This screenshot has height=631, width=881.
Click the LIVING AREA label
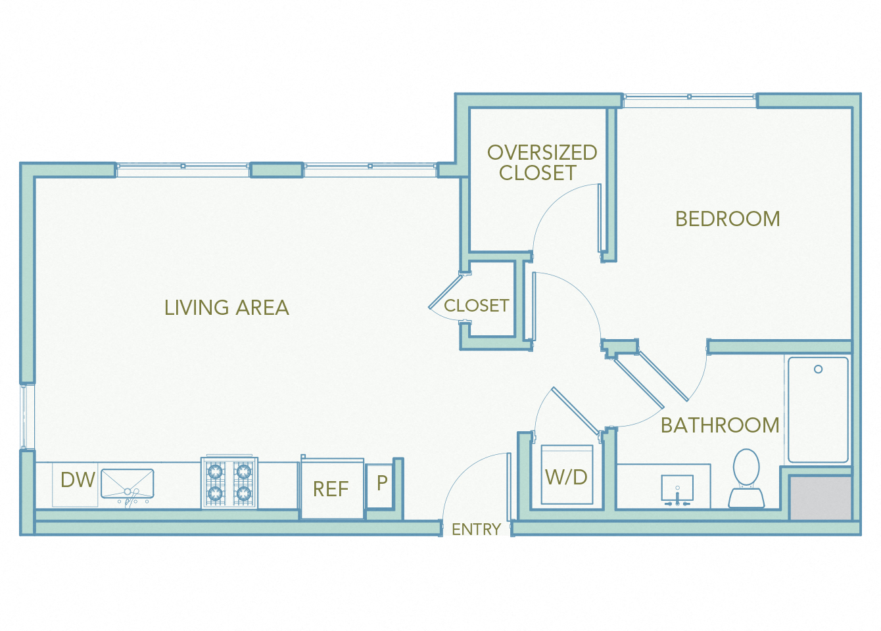226,308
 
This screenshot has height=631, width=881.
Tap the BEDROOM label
727,219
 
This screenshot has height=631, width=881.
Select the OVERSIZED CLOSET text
541,162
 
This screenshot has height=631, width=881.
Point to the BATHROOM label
719,425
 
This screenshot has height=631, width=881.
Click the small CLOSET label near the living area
476,306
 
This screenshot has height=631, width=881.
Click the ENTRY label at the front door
476,529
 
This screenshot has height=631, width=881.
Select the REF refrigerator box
332,489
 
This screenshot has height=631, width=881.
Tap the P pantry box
381,485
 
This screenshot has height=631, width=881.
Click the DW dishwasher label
78,480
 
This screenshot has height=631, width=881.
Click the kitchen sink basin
128,483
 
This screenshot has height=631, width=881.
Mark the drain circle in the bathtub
818,369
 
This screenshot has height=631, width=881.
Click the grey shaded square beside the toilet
821,498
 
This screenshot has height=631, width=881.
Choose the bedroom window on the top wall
689,101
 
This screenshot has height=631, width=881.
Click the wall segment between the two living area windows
277,170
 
